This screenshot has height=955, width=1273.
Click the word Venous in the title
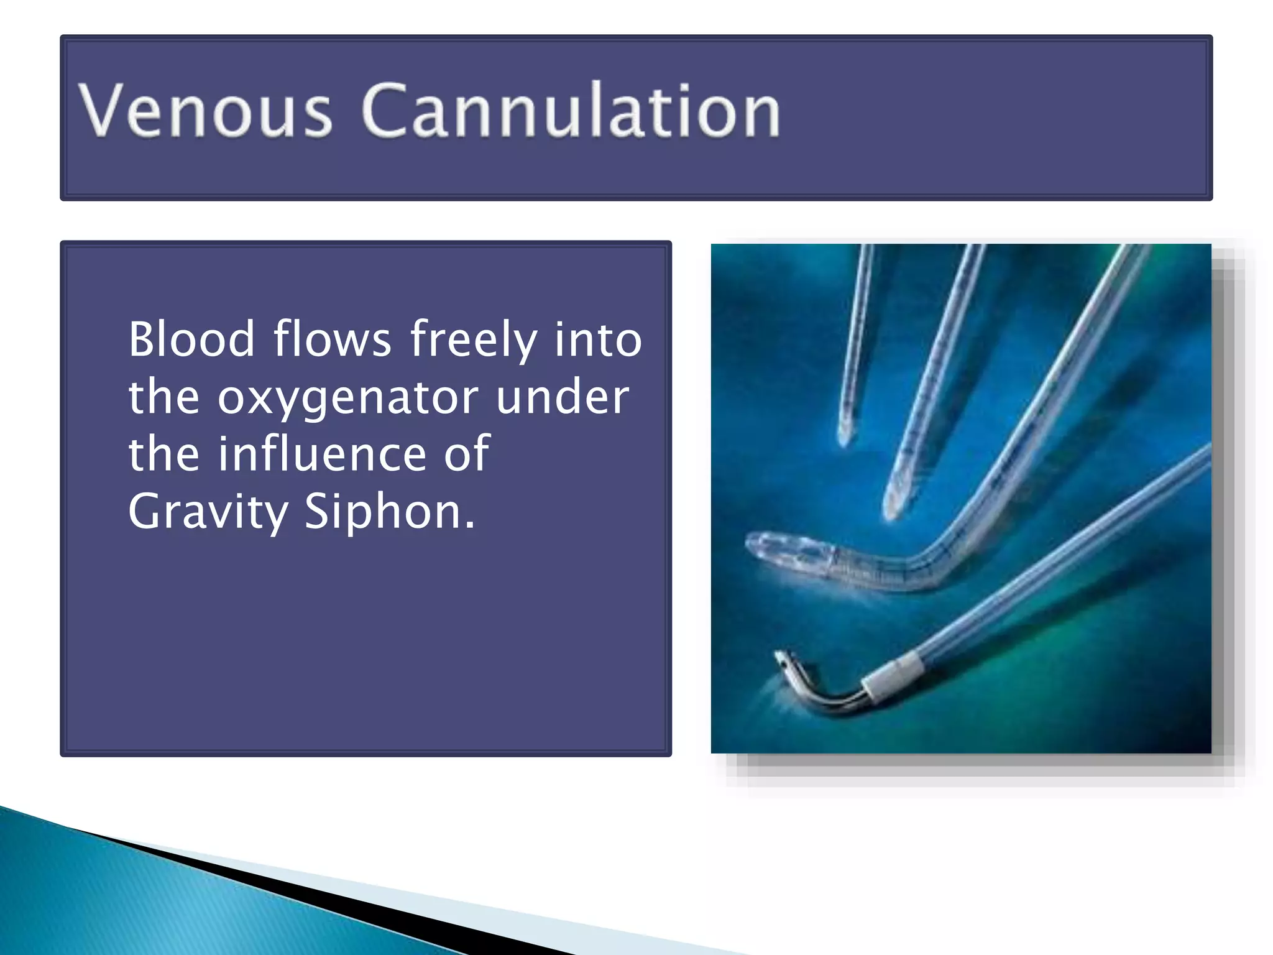(x=205, y=111)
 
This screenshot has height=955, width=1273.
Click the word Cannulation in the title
(x=570, y=111)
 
